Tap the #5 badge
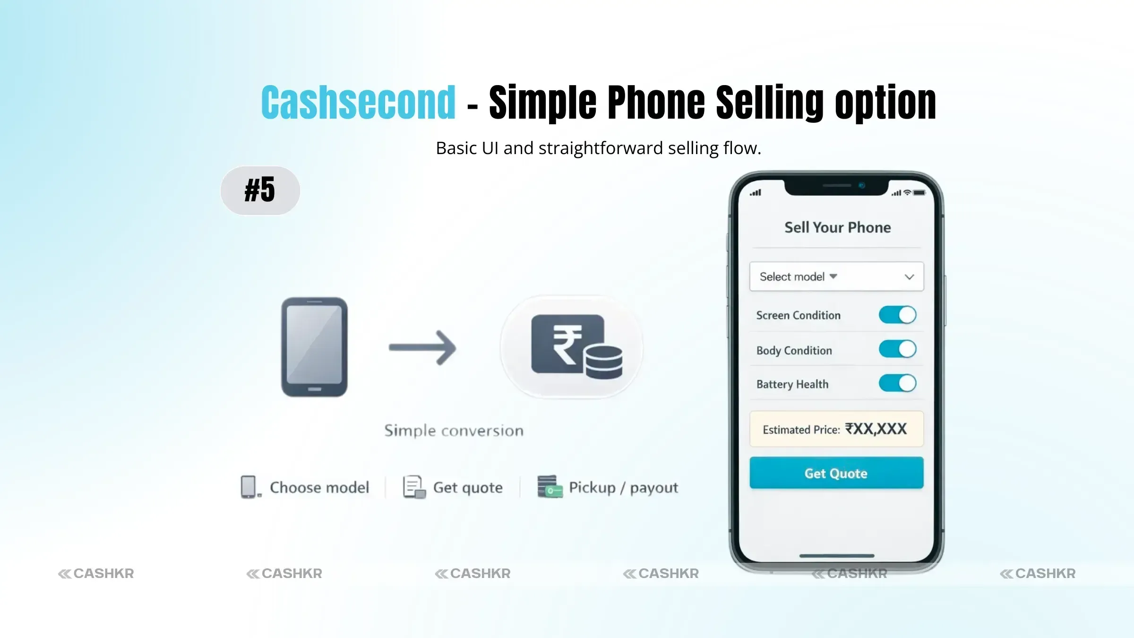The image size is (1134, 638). tap(260, 190)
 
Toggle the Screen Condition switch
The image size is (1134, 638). tap(897, 315)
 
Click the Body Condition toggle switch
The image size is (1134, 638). tap(897, 350)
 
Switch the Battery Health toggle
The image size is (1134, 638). tap(897, 383)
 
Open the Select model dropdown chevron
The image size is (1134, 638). tap(909, 277)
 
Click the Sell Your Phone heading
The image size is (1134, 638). tap(837, 227)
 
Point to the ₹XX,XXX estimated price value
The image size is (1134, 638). tap(876, 429)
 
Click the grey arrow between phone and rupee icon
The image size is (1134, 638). tap(422, 348)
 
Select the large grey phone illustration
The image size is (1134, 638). tap(314, 347)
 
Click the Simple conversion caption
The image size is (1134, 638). tap(454, 431)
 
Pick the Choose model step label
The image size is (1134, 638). tap(319, 487)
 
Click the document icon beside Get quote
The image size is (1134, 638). tap(413, 487)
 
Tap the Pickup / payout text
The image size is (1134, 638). tap(623, 487)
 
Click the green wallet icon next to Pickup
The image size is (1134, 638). tap(550, 487)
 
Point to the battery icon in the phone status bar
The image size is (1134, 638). tap(919, 193)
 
